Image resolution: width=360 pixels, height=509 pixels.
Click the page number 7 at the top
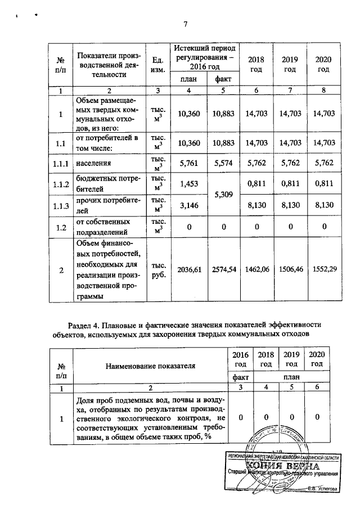point(184,24)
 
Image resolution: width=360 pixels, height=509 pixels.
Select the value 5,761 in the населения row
point(189,164)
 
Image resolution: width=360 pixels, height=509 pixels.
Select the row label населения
point(94,164)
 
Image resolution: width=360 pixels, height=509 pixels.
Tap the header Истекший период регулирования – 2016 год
point(205,57)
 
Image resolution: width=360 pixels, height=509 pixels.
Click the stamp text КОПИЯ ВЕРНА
point(282,467)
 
